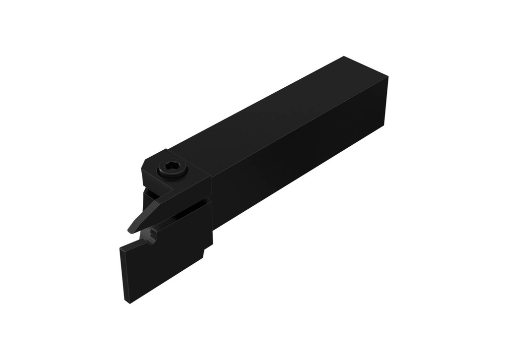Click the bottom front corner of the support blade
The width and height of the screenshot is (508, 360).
(130, 302)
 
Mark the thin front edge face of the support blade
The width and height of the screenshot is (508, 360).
(125, 275)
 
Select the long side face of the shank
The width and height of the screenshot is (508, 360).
(298, 149)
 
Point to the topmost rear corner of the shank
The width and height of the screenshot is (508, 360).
(345, 57)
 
